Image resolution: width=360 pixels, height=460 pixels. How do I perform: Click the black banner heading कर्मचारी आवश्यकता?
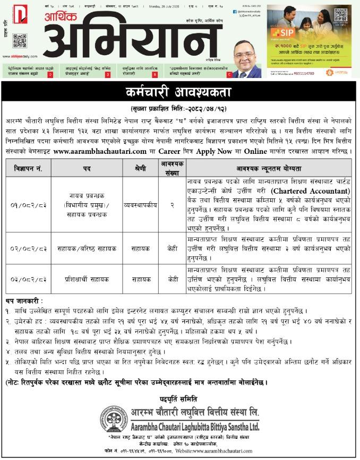pyautogui.click(x=179, y=92)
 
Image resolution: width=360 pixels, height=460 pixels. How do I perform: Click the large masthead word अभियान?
pyautogui.click(x=132, y=42)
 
